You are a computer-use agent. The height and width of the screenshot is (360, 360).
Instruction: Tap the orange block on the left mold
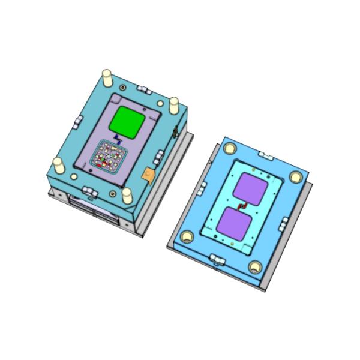(x=148, y=174)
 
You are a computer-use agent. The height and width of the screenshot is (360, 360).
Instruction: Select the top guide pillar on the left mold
(x=107, y=76)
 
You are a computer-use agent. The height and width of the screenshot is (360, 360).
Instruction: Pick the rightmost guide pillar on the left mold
(x=173, y=105)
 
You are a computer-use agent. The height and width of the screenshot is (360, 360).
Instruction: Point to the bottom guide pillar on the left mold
(x=127, y=195)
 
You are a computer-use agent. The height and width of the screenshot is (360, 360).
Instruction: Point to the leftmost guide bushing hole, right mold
(x=186, y=237)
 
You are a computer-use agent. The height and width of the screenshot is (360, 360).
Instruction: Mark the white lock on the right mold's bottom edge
(x=217, y=259)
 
